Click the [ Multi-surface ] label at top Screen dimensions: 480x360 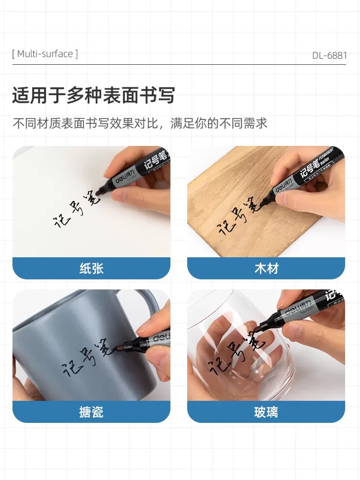45,54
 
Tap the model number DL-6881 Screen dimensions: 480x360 329,55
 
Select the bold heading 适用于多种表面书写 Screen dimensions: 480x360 93,96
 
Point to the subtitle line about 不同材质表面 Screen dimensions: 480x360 140,123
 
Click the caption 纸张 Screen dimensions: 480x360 91,268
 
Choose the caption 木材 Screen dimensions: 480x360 266,268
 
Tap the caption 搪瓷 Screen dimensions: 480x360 91,412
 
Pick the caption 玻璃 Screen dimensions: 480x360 266,412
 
